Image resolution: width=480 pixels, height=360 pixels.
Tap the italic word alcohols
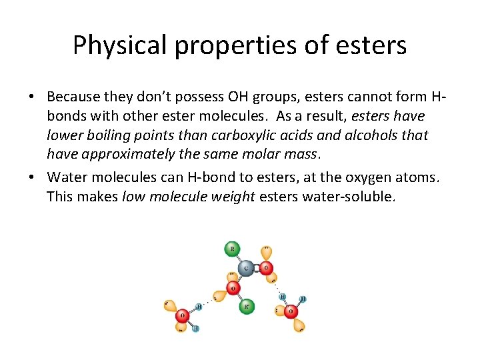(x=375, y=136)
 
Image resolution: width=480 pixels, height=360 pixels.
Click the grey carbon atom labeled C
(x=246, y=269)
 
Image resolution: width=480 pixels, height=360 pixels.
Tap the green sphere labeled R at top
(x=232, y=249)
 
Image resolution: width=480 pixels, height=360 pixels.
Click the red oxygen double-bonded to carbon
(x=265, y=269)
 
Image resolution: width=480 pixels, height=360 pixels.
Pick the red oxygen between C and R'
(x=233, y=288)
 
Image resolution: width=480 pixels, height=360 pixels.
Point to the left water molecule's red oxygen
(x=182, y=315)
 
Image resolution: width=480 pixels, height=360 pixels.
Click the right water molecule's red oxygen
(x=291, y=310)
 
